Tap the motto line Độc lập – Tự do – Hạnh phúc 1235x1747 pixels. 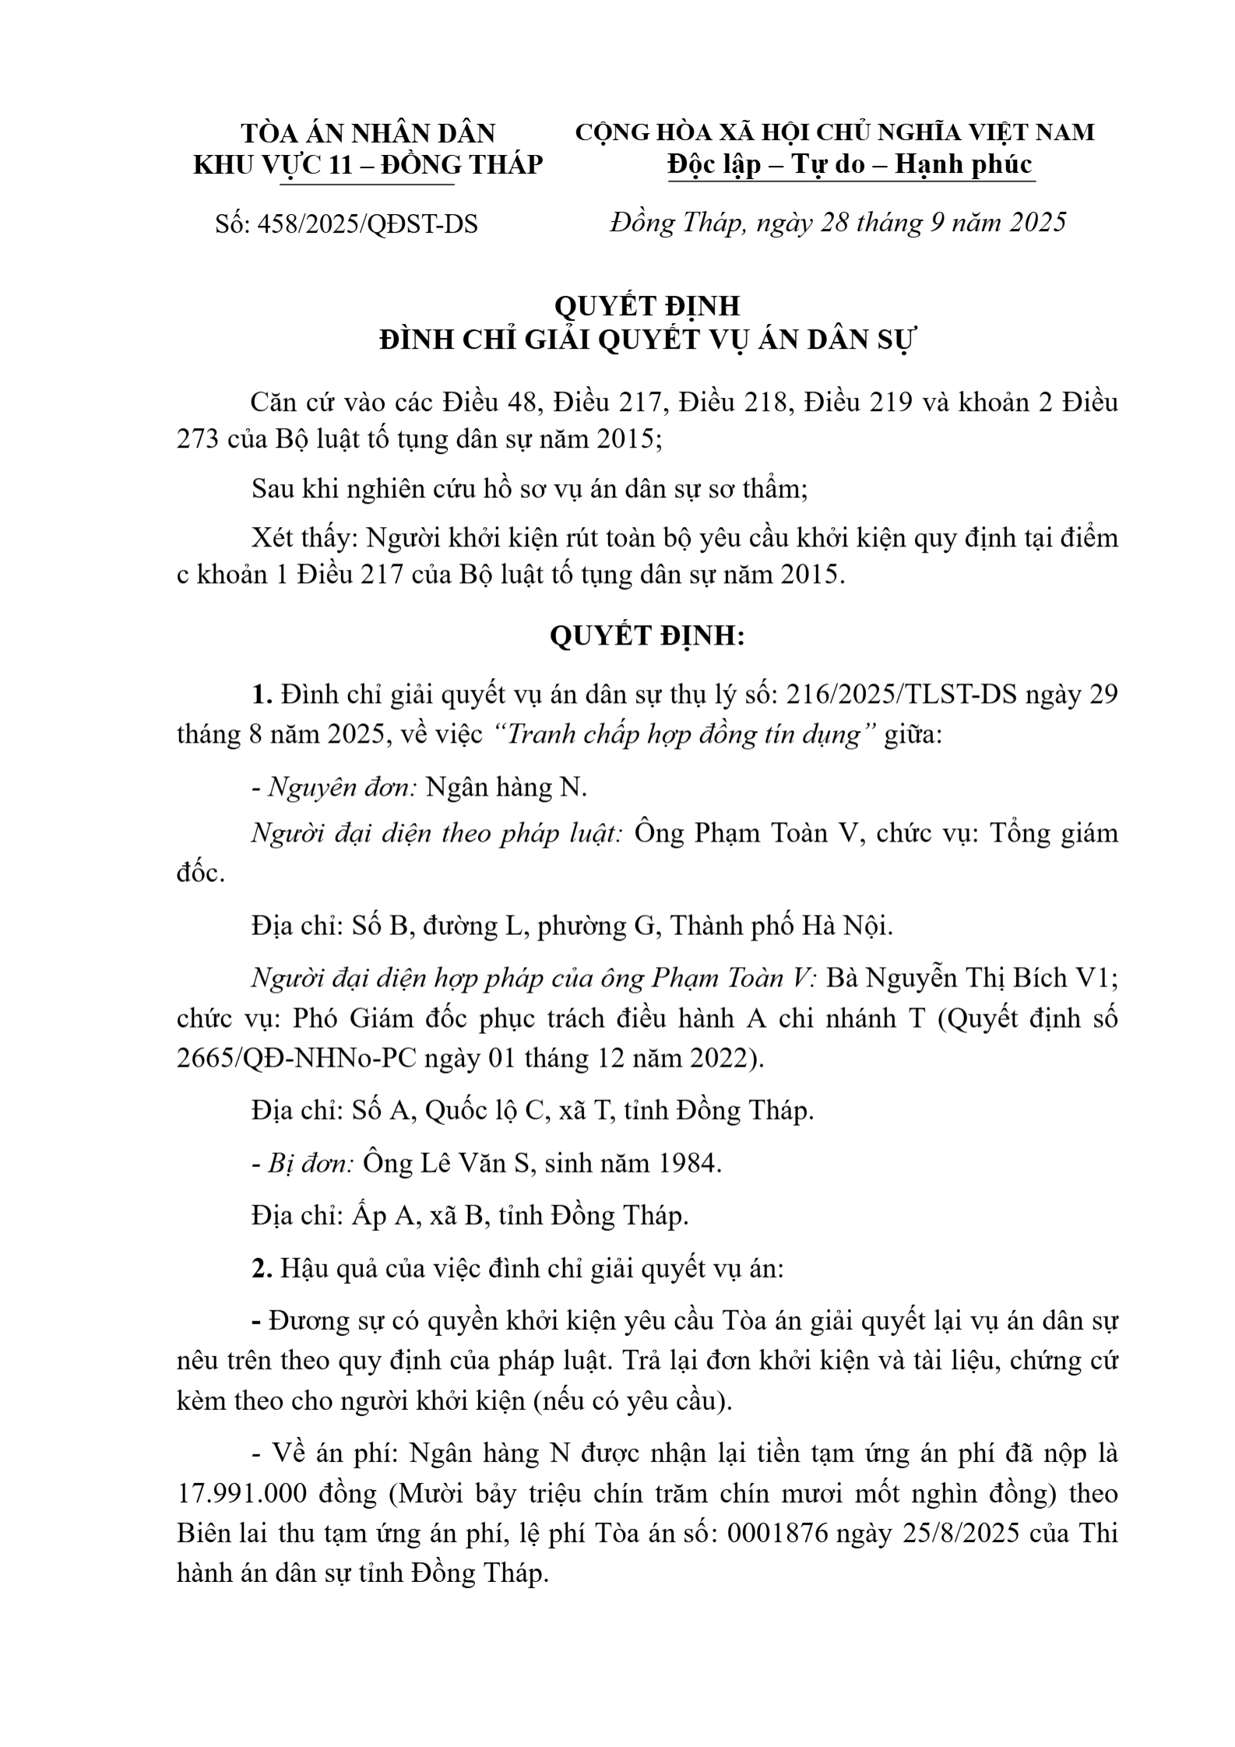tap(850, 164)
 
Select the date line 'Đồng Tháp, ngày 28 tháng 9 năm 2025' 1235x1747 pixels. tap(838, 223)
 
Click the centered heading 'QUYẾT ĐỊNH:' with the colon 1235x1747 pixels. tap(647, 636)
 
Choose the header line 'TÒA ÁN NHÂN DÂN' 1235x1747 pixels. tap(368, 133)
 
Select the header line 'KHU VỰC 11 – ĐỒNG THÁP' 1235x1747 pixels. tap(368, 164)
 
